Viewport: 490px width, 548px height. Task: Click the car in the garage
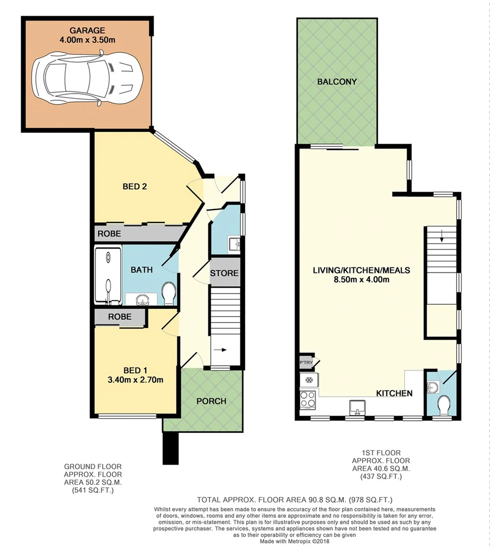(86, 78)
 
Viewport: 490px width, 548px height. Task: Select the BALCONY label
(336, 82)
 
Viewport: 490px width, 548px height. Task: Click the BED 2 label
(135, 187)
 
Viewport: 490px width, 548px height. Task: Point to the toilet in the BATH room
(168, 293)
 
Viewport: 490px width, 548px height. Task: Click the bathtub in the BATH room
(108, 276)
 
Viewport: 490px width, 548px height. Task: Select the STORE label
(225, 273)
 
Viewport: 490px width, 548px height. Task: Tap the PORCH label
(211, 401)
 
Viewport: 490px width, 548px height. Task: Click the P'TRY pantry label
(305, 363)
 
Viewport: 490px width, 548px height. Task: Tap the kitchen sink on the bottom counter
(357, 407)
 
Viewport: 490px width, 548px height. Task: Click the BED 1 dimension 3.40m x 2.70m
(135, 379)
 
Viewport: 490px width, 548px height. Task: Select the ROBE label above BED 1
(120, 317)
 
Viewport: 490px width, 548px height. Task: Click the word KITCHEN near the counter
(394, 393)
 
